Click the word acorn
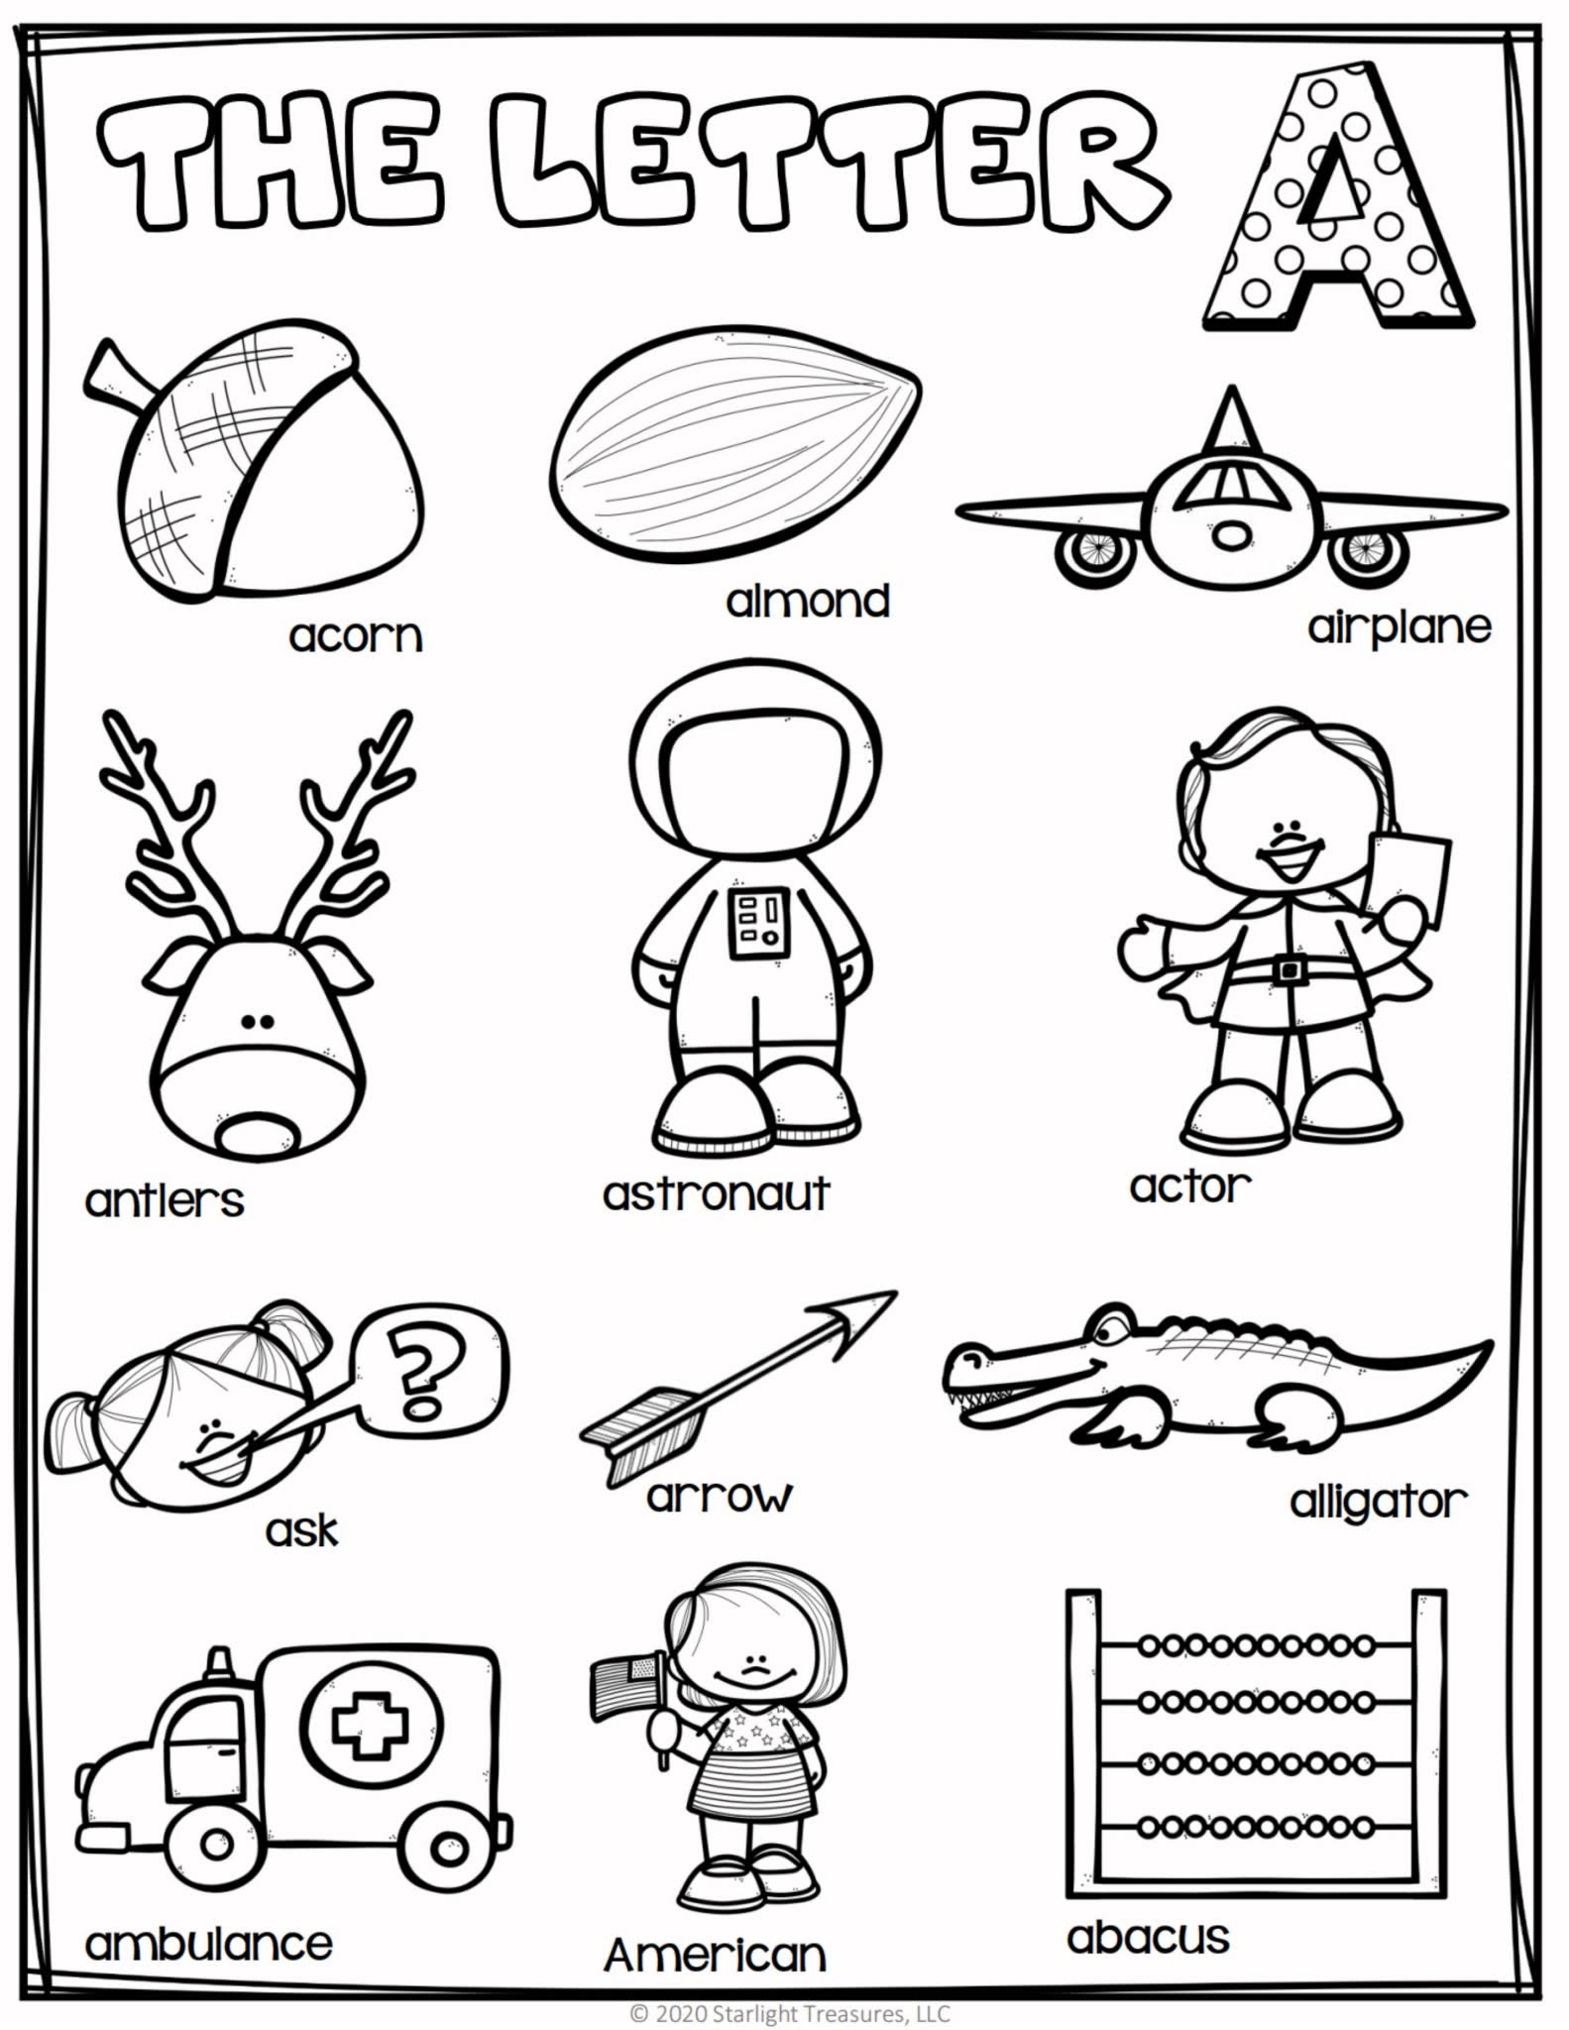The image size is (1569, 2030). (356, 635)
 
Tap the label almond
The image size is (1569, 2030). (808, 601)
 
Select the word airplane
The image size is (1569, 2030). (1400, 627)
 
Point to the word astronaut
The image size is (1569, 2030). (716, 1193)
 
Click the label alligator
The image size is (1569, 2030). (1378, 1503)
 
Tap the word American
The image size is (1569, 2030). (715, 1955)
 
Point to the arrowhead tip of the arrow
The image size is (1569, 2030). (896, 1293)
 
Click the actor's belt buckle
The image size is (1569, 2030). (1289, 967)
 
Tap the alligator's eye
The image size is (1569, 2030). (1111, 1325)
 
